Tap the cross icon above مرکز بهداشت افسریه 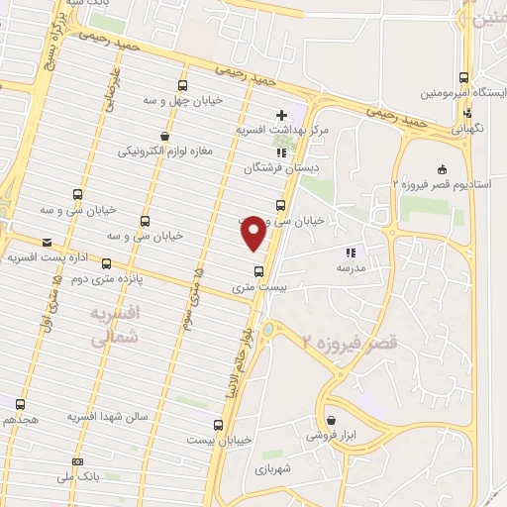coord(282,116)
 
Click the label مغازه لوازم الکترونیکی coord(164,152)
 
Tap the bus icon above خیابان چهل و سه coord(182,85)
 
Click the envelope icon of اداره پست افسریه coord(47,243)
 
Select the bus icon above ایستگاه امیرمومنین coord(464,78)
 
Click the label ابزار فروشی coord(330,435)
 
